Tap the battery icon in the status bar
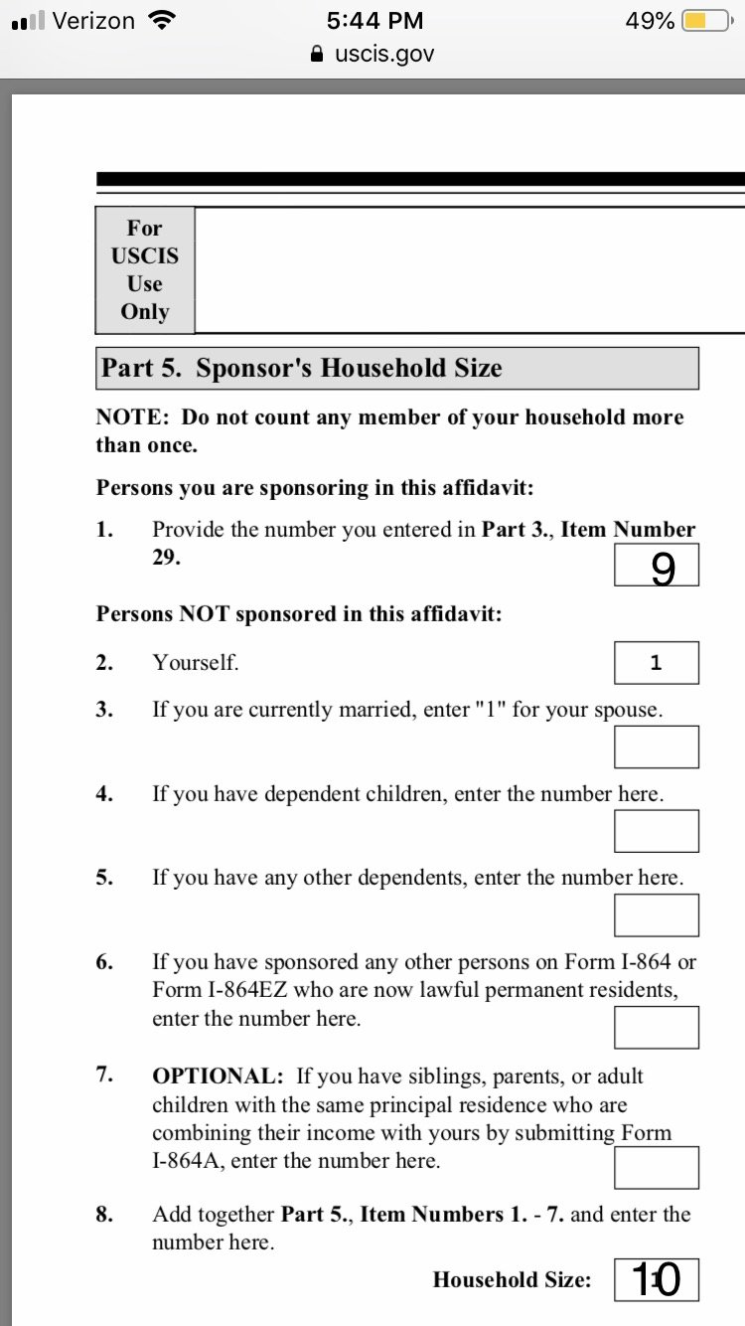(708, 21)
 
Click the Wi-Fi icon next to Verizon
(158, 21)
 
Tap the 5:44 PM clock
(374, 21)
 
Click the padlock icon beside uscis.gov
(317, 55)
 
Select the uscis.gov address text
(384, 54)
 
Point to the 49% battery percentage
(650, 21)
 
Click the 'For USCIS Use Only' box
(145, 269)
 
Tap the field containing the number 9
(656, 567)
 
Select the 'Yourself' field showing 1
(656, 663)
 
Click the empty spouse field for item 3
(656, 746)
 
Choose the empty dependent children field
(656, 831)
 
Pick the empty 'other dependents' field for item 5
(656, 914)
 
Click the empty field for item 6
(656, 1027)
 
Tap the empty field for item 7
(656, 1167)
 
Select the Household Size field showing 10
(656, 1280)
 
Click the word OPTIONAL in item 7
(218, 1077)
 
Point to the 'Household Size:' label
(512, 1280)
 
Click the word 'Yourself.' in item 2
(196, 663)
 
